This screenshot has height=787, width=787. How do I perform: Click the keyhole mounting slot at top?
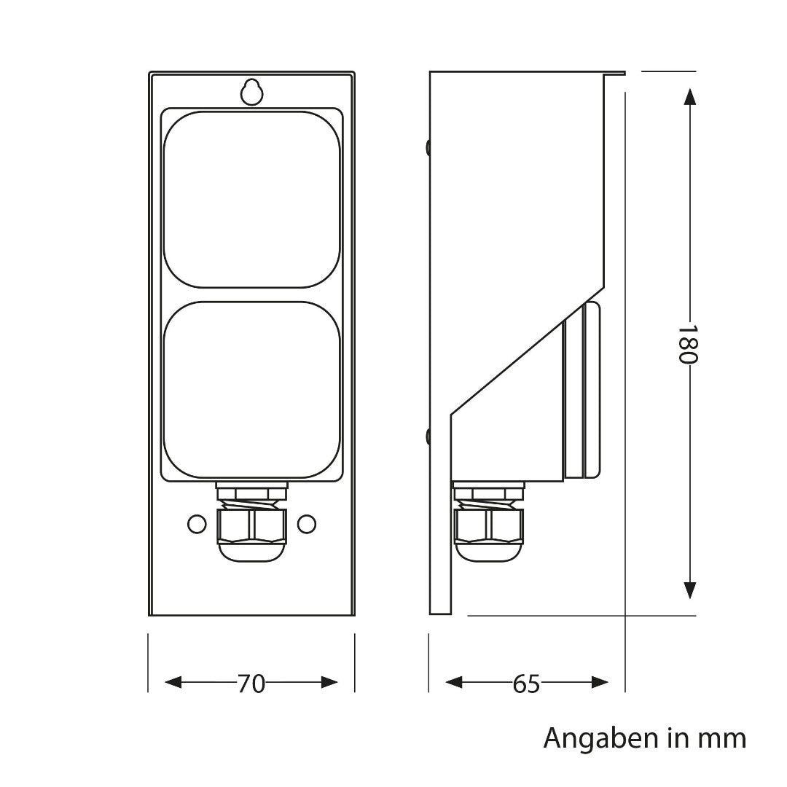pos(251,92)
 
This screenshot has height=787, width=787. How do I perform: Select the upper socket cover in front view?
pos(252,199)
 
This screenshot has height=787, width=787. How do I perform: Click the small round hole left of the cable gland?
pos(196,523)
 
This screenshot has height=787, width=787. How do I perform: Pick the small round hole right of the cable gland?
pos(308,523)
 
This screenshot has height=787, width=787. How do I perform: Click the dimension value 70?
pos(251,684)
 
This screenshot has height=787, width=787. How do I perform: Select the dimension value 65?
pos(526,684)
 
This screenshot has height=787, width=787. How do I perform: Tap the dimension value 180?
pos(689,344)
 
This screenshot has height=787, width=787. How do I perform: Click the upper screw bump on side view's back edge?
pos(428,147)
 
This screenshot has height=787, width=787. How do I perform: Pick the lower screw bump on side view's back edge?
pos(428,436)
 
